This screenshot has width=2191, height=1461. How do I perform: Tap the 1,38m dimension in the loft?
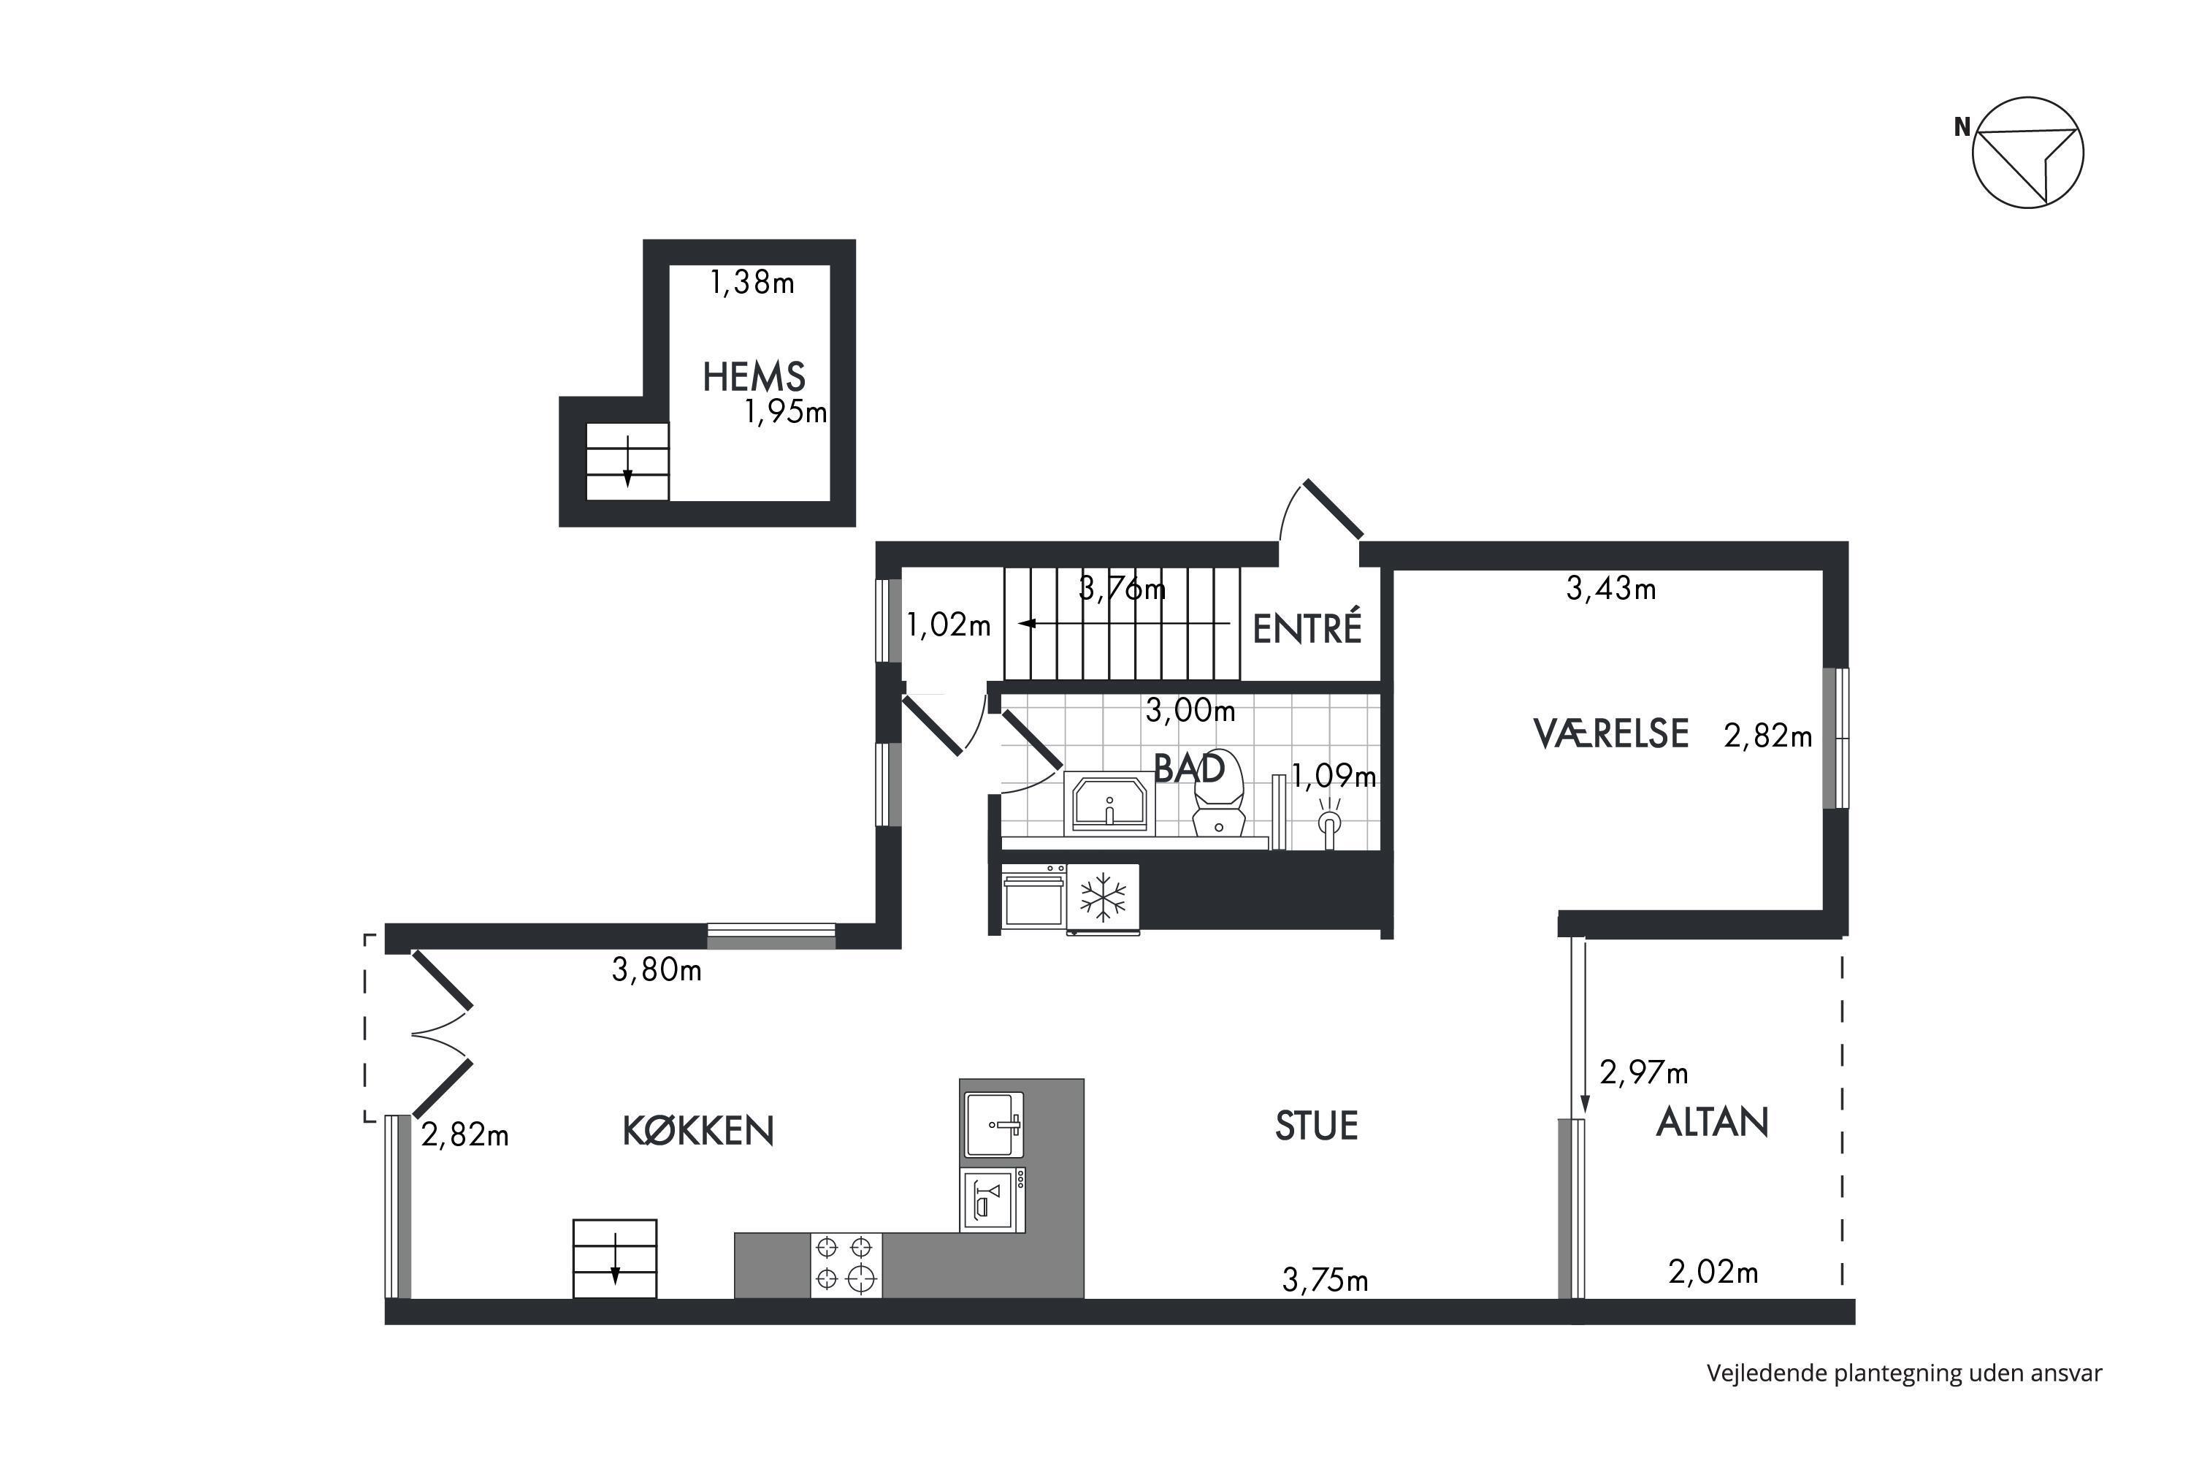[753, 282]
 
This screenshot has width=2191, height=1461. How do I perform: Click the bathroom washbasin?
[1109, 802]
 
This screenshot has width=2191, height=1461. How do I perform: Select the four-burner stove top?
[846, 1264]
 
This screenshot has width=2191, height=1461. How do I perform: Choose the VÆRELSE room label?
[1610, 733]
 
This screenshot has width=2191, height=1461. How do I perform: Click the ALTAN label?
[1712, 1122]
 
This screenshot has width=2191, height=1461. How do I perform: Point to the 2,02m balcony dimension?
[1713, 1272]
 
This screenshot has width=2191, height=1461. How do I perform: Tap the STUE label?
[1316, 1126]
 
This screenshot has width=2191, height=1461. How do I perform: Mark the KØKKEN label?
[697, 1130]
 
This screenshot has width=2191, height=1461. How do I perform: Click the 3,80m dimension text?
[657, 970]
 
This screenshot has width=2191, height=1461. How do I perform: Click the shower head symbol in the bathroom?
[1329, 822]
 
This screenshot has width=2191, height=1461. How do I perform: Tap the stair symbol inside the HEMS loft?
[627, 461]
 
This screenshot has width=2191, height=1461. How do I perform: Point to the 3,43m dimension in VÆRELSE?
[1610, 588]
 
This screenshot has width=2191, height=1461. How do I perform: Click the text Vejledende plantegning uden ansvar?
[1904, 1373]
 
